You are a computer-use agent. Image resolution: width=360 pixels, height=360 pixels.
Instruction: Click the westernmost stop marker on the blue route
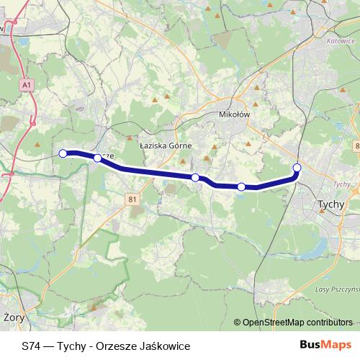click(x=63, y=153)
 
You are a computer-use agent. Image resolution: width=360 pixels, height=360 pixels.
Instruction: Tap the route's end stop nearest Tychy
click(x=297, y=168)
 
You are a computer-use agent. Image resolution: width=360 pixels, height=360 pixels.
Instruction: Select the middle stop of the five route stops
click(x=195, y=177)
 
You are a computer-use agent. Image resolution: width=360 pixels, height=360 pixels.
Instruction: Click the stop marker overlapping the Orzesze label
click(x=97, y=158)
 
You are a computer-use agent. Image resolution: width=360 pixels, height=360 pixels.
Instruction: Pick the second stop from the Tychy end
click(x=242, y=187)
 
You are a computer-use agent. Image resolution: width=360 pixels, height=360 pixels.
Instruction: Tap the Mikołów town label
click(x=235, y=114)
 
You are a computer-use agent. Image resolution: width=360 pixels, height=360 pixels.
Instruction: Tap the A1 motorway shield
click(x=27, y=86)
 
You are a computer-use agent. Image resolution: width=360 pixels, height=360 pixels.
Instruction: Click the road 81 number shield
click(x=132, y=199)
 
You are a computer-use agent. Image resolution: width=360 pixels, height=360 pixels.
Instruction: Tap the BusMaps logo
click(x=325, y=346)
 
